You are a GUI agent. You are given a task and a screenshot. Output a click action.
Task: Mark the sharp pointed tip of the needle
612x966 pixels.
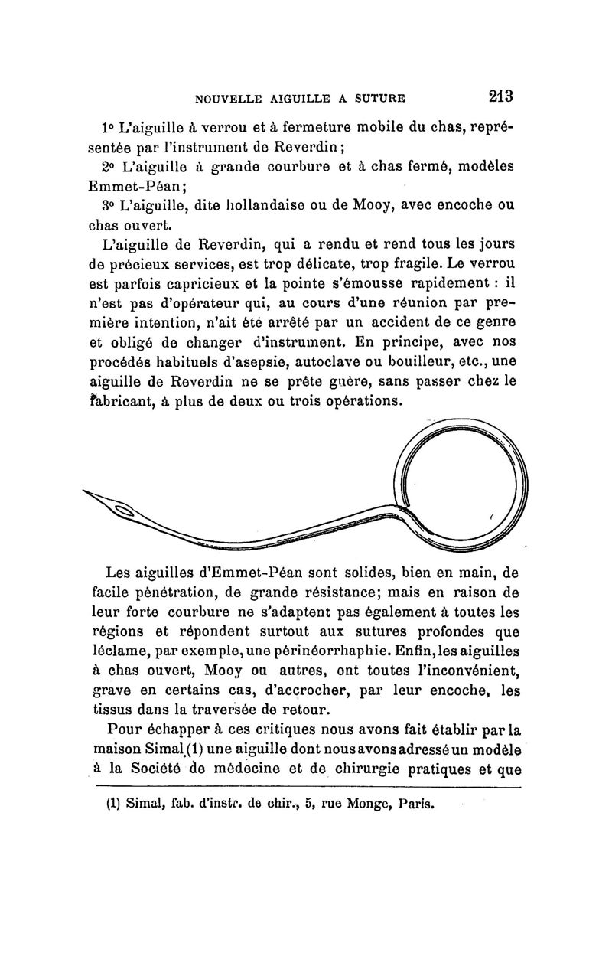83,489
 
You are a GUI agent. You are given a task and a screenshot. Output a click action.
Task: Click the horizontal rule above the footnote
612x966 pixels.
306,786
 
